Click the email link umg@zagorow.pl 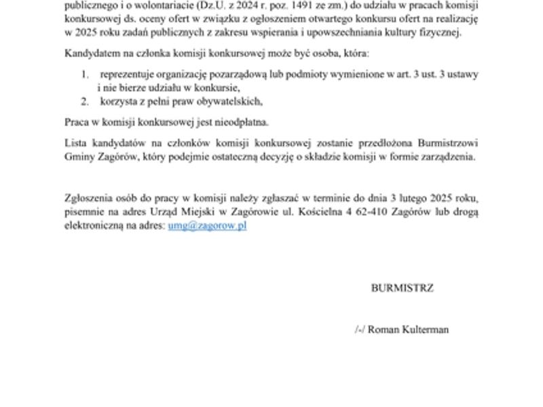207,226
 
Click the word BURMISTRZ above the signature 402,288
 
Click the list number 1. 84,74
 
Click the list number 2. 84,101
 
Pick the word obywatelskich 230,101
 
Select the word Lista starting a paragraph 75,142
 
